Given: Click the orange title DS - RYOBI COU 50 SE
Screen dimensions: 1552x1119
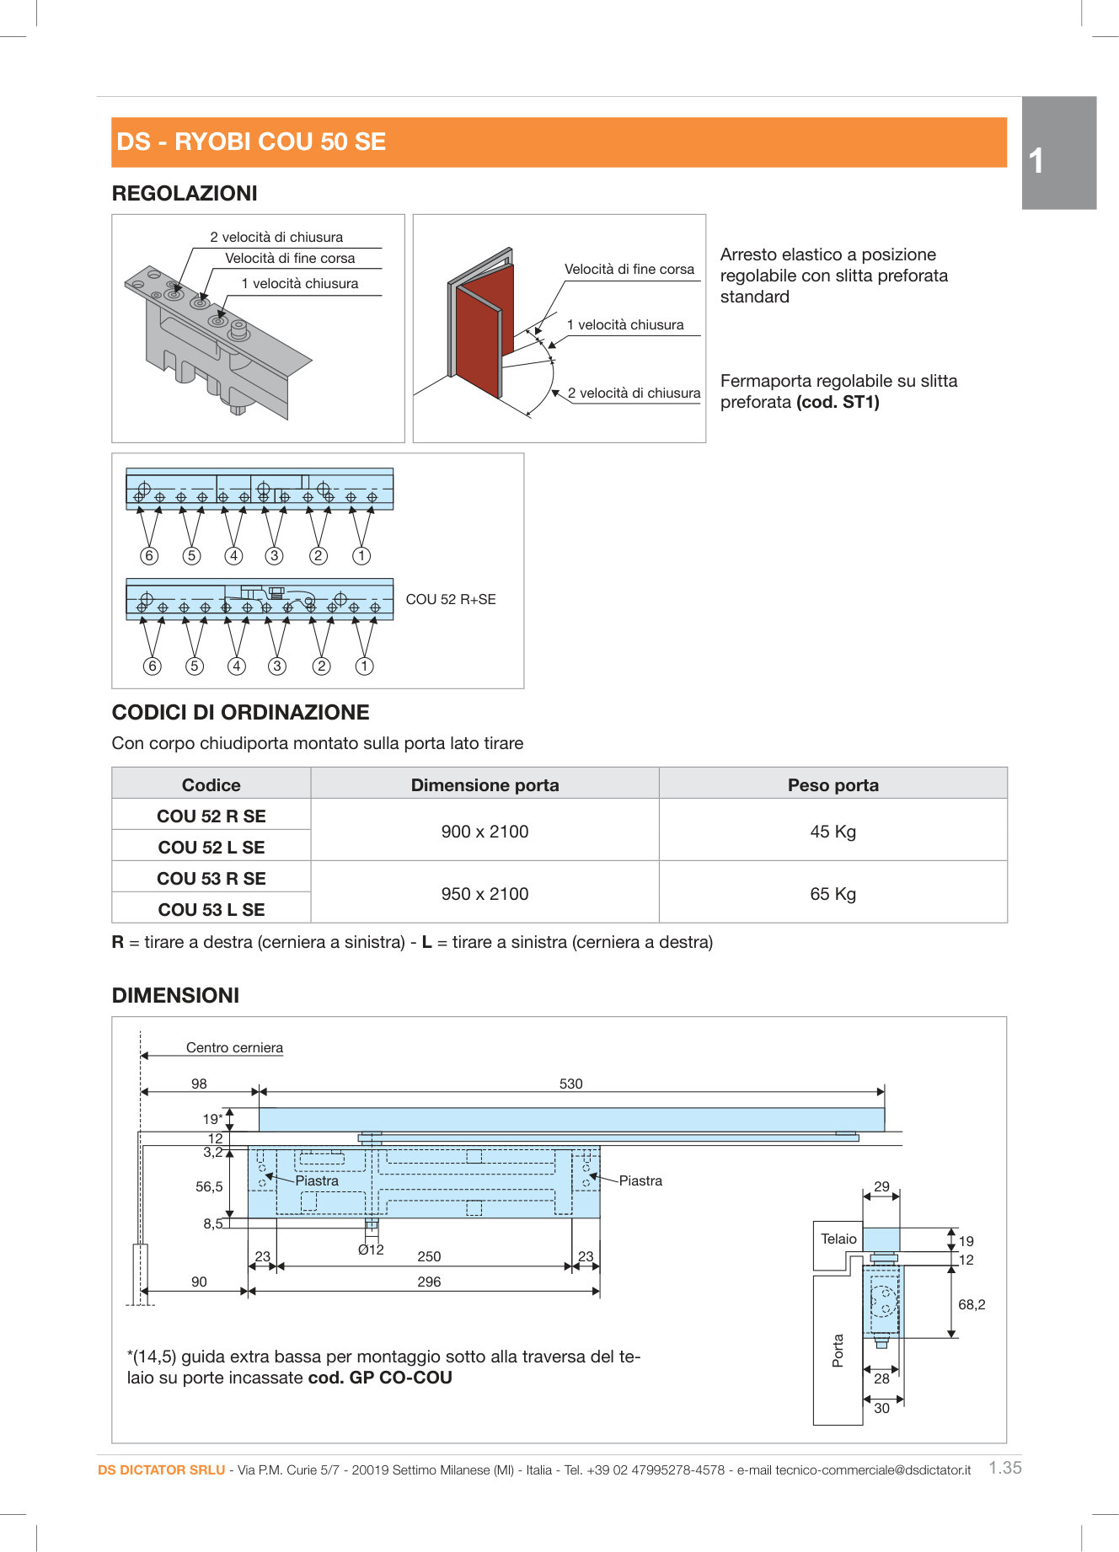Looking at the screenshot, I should (x=251, y=142).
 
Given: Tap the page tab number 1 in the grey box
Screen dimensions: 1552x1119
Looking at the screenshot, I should (x=1036, y=161).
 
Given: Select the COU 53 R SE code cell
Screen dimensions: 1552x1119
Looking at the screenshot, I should (x=211, y=879).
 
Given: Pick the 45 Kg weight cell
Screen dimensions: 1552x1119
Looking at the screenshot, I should (x=833, y=832).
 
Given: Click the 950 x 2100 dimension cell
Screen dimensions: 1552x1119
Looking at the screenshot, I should (x=485, y=894).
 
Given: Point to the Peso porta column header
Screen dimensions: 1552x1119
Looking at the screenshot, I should (x=833, y=785).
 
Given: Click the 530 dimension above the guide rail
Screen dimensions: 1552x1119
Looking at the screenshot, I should (x=570, y=1084).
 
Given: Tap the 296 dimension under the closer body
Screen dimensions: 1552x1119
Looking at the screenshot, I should (x=429, y=1282).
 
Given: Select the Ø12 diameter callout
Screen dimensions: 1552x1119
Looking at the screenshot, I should (x=371, y=1250).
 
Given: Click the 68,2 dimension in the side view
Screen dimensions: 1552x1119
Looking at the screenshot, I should (x=971, y=1304).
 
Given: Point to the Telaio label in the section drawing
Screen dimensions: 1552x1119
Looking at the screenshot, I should (x=838, y=1239).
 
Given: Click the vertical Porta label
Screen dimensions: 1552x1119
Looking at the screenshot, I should (x=838, y=1350).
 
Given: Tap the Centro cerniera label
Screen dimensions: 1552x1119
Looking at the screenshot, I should (x=234, y=1047).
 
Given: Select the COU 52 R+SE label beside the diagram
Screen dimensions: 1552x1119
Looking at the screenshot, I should (x=451, y=599).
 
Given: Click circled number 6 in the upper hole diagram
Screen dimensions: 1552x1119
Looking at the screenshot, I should (x=149, y=555).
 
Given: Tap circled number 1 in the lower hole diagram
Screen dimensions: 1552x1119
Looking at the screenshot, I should (x=364, y=666).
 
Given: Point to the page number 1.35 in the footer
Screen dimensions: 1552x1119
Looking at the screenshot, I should (x=1004, y=1468).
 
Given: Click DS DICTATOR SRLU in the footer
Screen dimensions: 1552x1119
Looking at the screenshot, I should (x=161, y=1469).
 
